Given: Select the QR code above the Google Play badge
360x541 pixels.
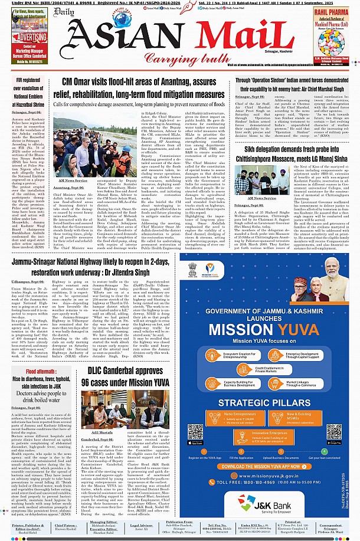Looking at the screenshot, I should pos(334,431).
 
